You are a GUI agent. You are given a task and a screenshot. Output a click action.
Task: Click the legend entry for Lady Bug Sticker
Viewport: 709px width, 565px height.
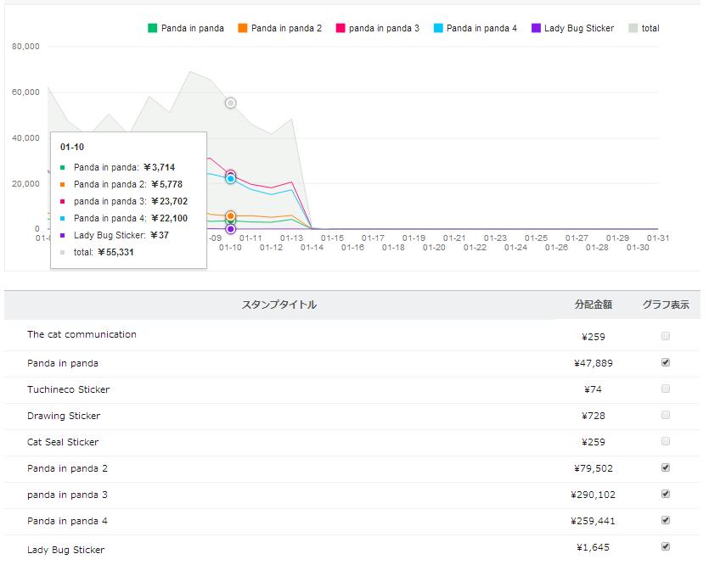coord(572,28)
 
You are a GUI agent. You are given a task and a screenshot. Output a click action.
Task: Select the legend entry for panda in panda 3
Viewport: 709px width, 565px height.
coord(378,28)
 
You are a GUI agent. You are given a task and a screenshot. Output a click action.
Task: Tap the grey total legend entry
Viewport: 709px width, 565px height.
coord(644,28)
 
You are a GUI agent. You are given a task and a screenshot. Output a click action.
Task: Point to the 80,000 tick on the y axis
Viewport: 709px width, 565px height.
coord(25,46)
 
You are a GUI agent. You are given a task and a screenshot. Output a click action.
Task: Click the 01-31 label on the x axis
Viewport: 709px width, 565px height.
coord(657,238)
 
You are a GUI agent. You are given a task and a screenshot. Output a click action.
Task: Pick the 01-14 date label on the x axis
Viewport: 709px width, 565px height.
coord(312,248)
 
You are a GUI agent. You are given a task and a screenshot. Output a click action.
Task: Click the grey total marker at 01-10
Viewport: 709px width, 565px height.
coord(231,103)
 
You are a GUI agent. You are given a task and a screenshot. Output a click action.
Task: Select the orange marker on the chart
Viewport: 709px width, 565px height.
coord(231,216)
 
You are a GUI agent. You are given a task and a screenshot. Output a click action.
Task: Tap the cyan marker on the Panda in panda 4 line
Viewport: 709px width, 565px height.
coord(231,179)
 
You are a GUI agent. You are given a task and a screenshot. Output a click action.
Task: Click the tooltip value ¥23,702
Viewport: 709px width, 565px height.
coord(169,201)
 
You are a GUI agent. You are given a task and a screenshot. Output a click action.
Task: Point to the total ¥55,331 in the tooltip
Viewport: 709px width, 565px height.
coord(104,252)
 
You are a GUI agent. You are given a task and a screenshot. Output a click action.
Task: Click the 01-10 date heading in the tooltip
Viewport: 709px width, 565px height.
coord(72,147)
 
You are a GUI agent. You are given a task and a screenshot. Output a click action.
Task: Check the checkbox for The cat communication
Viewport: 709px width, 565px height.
coord(665,336)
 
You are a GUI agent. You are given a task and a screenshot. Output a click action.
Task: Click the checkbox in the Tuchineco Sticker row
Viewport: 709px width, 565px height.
coord(665,389)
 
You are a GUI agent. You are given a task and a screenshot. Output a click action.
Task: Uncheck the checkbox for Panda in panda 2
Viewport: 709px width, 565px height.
coord(665,467)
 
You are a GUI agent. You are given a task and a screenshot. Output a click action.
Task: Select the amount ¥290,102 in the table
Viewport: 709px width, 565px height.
coord(593,495)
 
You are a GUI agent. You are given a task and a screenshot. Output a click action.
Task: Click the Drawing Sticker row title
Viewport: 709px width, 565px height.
coord(64,416)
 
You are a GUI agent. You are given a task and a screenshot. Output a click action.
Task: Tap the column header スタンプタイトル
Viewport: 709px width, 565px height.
coord(279,305)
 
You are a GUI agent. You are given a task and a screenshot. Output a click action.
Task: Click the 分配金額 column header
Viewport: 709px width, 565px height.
coord(594,305)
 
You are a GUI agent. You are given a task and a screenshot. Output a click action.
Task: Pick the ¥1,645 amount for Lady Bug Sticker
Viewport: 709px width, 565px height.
coord(593,547)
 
